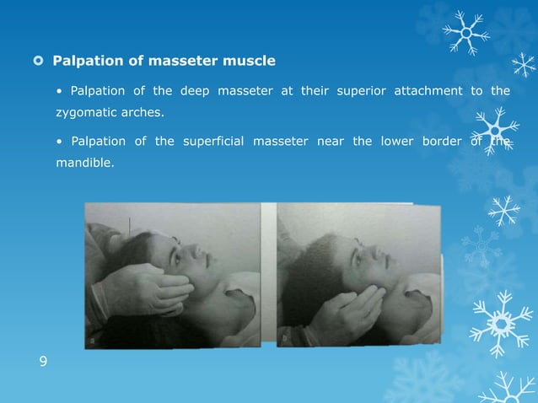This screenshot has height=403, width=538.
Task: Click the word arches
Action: click(x=140, y=111)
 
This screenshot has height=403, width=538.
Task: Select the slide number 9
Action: click(x=44, y=363)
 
